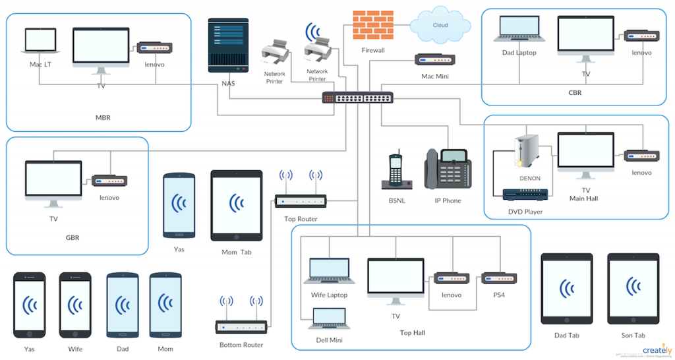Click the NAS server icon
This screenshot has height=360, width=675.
coord(229,45)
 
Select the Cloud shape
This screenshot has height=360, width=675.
coord(440,26)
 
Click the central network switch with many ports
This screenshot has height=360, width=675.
coord(357,98)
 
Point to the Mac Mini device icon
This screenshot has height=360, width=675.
coord(434,60)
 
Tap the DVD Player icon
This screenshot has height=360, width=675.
coord(525,195)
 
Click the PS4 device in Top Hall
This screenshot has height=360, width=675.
coord(499,278)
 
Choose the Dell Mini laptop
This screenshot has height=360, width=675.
coord(328,319)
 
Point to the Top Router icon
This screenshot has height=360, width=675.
coord(301,201)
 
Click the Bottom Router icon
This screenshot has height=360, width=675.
coord(241,326)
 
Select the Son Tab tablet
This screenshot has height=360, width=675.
coord(633,288)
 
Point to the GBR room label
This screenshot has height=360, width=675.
coord(73,237)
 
